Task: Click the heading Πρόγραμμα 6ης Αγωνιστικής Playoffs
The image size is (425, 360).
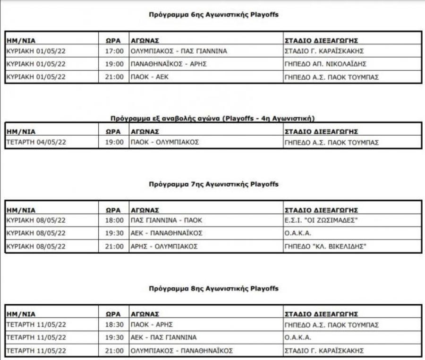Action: click(x=213, y=15)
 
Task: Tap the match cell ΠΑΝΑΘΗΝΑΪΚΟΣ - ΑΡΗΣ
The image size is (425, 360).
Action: click(x=169, y=64)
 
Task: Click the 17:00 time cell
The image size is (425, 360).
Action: click(x=114, y=51)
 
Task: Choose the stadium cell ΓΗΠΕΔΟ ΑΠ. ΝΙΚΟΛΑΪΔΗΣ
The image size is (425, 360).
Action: click(x=325, y=64)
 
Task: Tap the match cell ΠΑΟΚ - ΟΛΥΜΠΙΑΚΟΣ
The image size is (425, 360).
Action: click(x=165, y=142)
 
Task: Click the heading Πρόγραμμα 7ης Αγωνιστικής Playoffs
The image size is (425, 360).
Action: click(x=213, y=184)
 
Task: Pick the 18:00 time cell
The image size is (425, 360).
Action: click(x=114, y=221)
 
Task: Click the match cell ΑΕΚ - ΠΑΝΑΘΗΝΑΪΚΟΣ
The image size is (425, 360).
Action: click(x=166, y=233)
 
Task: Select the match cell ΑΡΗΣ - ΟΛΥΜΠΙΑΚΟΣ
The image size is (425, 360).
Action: click(x=164, y=246)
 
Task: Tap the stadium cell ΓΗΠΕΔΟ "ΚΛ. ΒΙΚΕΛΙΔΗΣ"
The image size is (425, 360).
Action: click(x=325, y=246)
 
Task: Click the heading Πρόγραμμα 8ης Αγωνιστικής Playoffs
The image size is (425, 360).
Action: click(x=213, y=288)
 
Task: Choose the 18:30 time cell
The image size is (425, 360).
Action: click(x=114, y=325)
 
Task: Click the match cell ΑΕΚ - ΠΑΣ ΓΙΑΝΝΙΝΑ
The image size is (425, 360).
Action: click(x=163, y=338)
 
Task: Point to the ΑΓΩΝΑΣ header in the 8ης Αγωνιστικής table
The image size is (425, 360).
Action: click(x=144, y=314)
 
